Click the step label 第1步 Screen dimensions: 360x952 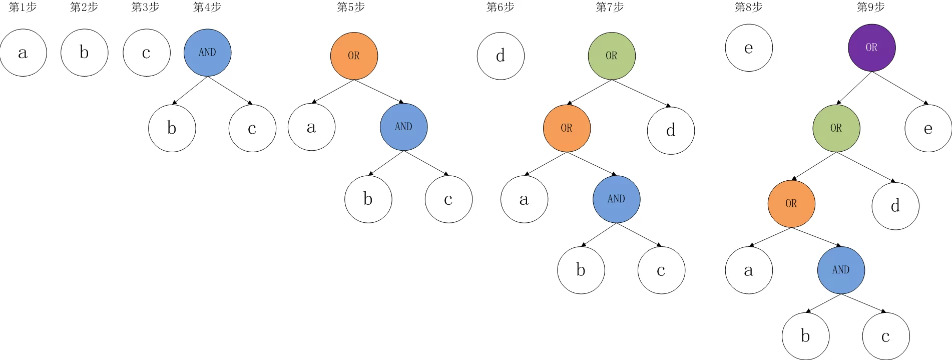(23, 7)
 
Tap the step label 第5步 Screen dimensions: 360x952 (350, 7)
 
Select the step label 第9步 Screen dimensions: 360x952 (870, 7)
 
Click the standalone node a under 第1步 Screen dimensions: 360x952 (23, 53)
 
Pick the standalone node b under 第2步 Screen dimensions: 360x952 (84, 53)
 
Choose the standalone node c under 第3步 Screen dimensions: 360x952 (146, 53)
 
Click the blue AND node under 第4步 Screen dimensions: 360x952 (207, 53)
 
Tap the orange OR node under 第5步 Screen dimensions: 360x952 (354, 56)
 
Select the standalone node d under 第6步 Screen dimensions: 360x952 (501, 56)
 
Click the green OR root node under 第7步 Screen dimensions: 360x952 (612, 56)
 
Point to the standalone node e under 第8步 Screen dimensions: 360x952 (749, 48)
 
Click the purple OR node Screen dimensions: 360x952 (871, 48)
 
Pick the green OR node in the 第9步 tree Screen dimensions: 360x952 (836, 128)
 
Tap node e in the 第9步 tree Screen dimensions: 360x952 (928, 128)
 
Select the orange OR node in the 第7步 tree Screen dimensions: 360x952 (567, 128)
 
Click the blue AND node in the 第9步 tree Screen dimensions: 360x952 (841, 270)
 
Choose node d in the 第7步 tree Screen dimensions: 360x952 (671, 130)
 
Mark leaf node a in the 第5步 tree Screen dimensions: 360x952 (311, 127)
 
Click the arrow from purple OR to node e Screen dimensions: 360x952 (900, 88)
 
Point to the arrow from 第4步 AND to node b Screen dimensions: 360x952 (190, 91)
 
